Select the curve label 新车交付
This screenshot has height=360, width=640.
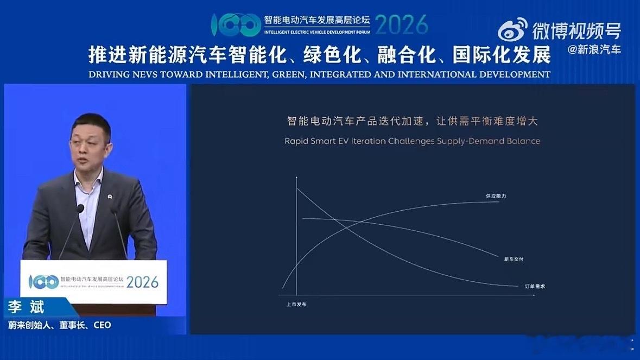pyautogui.click(x=514, y=260)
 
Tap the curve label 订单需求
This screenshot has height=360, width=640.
pyautogui.click(x=534, y=286)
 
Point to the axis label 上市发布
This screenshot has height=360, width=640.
pyautogui.click(x=296, y=305)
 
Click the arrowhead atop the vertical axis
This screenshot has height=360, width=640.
pyautogui.click(x=296, y=178)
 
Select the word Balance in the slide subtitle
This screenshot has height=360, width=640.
pyautogui.click(x=523, y=141)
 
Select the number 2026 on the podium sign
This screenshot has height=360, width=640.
pyautogui.click(x=143, y=282)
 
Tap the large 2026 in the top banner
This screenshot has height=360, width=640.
pyautogui.click(x=402, y=24)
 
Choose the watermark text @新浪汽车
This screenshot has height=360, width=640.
pyautogui.click(x=594, y=50)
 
